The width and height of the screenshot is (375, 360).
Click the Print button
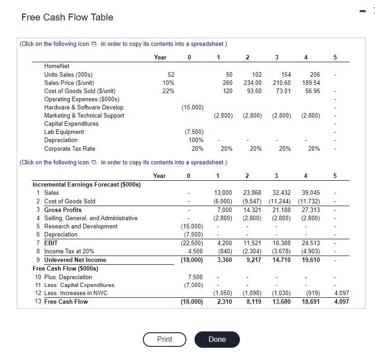point(164,339)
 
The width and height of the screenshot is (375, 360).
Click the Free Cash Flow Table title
point(67,17)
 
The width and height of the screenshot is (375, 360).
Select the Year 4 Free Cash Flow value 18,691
point(311,301)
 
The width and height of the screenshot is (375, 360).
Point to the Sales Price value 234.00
point(253,83)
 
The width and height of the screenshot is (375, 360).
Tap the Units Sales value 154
point(285,74)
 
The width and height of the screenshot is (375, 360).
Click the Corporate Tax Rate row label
point(69,148)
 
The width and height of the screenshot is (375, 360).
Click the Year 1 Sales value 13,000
point(223,193)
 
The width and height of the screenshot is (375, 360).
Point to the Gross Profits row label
point(63,210)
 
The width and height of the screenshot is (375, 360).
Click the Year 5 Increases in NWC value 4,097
point(341,293)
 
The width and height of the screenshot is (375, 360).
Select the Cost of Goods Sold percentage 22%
point(168,91)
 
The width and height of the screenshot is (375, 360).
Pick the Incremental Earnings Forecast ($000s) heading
point(87,184)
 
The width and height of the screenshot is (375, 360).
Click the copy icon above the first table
point(94,44)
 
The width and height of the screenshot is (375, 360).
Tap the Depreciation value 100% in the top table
point(196,140)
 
